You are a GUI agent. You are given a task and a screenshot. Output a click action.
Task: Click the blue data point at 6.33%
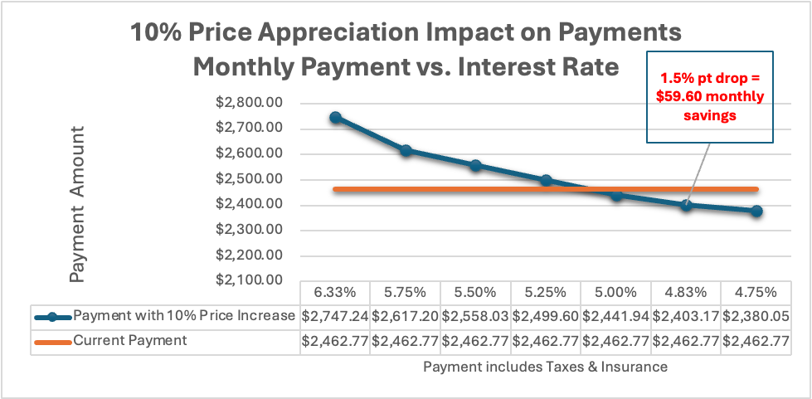pyautogui.click(x=335, y=118)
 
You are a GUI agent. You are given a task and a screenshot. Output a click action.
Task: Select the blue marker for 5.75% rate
pyautogui.click(x=406, y=151)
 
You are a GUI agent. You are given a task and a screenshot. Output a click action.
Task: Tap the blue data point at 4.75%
pyautogui.click(x=756, y=212)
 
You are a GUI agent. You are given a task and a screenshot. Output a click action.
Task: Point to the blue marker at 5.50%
pyautogui.click(x=475, y=166)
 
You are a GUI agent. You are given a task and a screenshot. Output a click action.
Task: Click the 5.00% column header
pyautogui.click(x=615, y=293)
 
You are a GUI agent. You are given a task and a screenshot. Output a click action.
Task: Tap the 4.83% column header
pyautogui.click(x=686, y=293)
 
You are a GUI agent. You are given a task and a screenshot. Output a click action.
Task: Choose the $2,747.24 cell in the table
pyautogui.click(x=335, y=316)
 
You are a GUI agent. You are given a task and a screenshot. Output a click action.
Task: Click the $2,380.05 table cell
pyautogui.click(x=756, y=316)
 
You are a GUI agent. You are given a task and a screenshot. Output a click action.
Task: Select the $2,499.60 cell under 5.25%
pyautogui.click(x=546, y=316)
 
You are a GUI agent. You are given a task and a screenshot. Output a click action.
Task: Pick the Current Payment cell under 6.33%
pyautogui.click(x=335, y=341)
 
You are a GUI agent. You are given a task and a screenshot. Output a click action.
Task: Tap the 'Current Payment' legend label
pyautogui.click(x=130, y=341)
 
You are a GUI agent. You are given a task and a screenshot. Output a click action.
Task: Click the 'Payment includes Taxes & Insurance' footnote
pyautogui.click(x=545, y=366)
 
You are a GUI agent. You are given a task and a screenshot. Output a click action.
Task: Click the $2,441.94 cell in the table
pyautogui.click(x=615, y=316)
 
